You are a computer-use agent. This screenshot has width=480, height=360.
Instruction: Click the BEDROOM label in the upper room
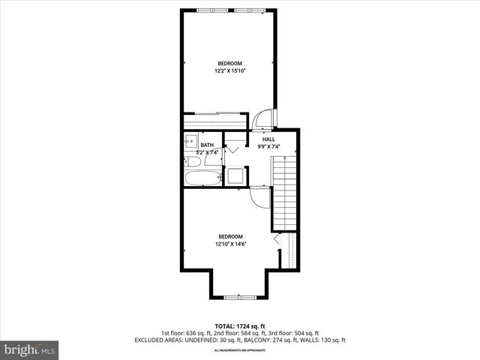[230, 63]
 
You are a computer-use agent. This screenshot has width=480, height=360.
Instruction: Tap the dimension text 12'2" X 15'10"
[230, 71]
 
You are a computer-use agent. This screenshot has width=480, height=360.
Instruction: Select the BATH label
[207, 145]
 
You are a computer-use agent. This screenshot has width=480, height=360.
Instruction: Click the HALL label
[268, 139]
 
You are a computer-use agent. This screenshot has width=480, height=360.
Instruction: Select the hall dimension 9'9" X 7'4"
[268, 147]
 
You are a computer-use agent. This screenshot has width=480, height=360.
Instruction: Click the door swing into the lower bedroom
[259, 197]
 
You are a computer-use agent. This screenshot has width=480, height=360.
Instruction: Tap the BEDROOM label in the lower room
[231, 237]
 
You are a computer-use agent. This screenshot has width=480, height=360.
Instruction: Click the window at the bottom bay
[240, 298]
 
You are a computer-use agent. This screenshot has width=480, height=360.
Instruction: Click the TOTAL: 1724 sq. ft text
[240, 326]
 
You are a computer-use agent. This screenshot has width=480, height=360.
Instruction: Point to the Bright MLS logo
[30, 349]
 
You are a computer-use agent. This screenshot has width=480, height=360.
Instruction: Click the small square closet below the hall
[236, 176]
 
